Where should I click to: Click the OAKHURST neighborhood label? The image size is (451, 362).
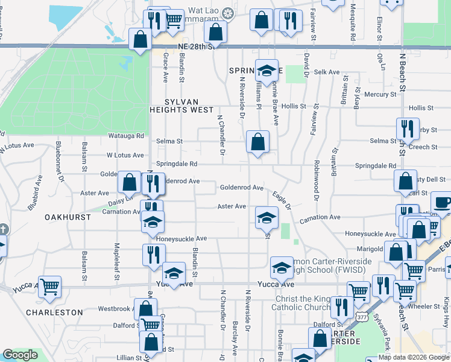click(x=68, y=217)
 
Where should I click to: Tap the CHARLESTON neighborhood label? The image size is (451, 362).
click(x=55, y=313)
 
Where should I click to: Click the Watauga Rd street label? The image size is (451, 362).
click(x=126, y=136)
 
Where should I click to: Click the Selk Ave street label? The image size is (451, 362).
click(x=327, y=72)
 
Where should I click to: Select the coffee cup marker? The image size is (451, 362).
click(x=442, y=203)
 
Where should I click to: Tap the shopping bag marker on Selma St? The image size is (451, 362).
click(x=257, y=143)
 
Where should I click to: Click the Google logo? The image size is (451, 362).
click(x=20, y=355)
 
